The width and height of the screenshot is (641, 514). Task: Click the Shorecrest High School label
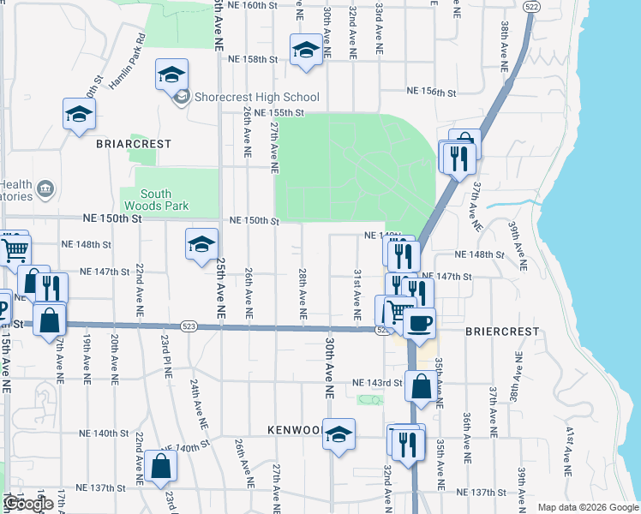click(256, 97)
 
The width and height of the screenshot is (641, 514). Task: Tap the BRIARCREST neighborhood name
click(135, 144)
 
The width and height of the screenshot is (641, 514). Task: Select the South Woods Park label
click(156, 200)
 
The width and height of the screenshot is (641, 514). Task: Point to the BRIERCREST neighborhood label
click(502, 331)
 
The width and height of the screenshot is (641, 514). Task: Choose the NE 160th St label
click(257, 5)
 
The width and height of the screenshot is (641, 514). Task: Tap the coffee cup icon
click(419, 324)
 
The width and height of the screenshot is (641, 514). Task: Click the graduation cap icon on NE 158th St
click(304, 49)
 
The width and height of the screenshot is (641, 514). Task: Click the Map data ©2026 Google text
click(587, 506)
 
